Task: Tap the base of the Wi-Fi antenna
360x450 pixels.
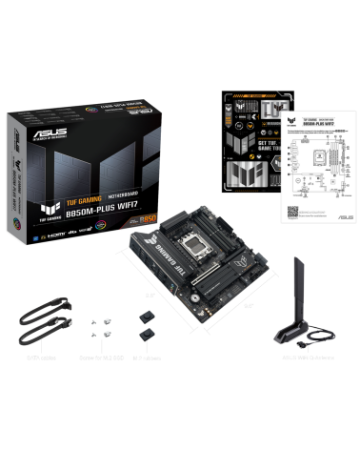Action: pos(303,335)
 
